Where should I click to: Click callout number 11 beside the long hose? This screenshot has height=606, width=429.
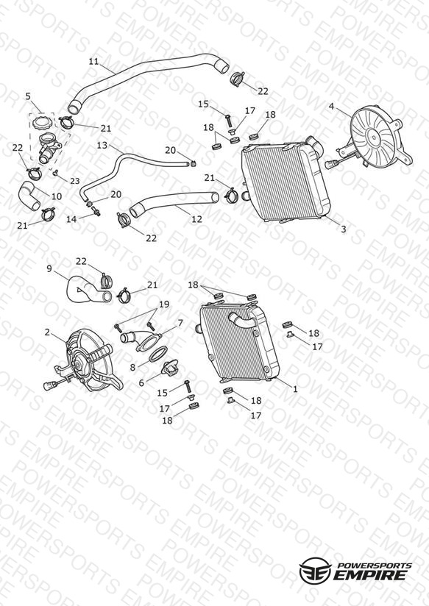(93, 62)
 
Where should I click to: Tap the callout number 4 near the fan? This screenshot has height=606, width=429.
(331, 106)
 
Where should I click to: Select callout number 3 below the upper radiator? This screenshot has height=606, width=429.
(344, 229)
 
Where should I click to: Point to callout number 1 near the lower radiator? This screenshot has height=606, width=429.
(295, 389)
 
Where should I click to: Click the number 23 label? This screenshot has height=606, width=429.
(74, 181)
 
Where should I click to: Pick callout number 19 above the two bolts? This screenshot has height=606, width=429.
(164, 304)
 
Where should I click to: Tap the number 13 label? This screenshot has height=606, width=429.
(102, 146)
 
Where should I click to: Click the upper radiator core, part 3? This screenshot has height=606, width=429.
(284, 182)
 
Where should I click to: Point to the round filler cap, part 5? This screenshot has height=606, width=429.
(42, 124)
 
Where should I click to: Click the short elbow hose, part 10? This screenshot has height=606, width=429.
(29, 195)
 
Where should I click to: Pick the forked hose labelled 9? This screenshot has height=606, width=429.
(88, 290)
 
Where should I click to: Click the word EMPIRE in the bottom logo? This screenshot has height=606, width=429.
(370, 575)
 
